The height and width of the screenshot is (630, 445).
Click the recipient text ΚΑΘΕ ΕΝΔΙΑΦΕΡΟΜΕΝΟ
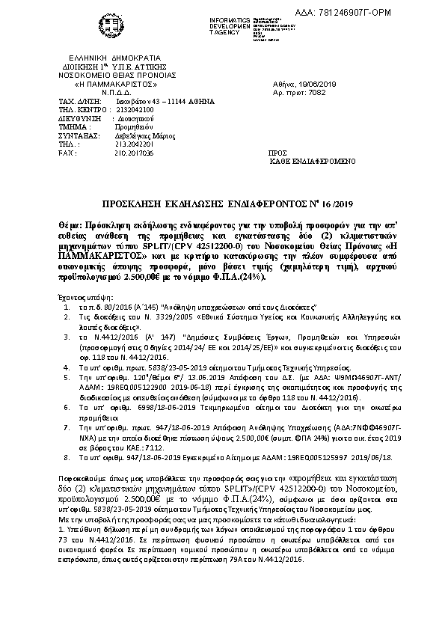coord(344,161)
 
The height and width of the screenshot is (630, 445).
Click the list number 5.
coord(67,379)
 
